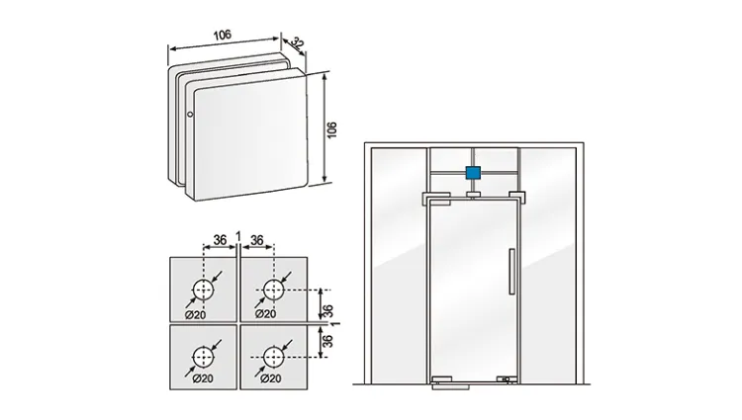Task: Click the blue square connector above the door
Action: [x=473, y=173]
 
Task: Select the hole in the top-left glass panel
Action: [x=203, y=290]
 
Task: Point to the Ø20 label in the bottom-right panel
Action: [x=265, y=378]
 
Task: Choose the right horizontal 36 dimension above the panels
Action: [x=256, y=240]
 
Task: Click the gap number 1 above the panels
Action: [x=237, y=235]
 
